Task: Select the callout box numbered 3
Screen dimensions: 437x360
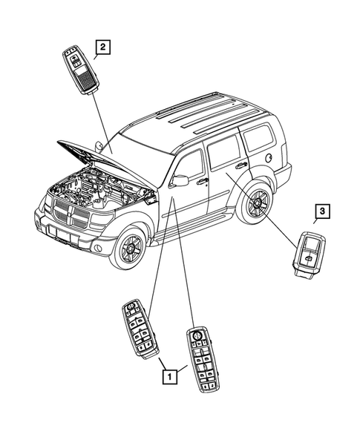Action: tap(321, 213)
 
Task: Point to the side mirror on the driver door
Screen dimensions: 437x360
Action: tap(179, 180)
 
